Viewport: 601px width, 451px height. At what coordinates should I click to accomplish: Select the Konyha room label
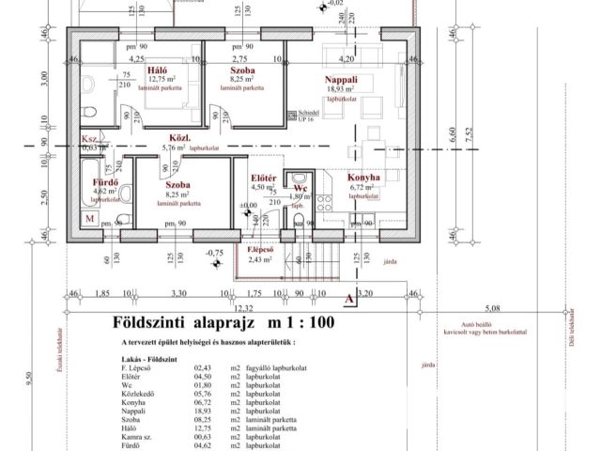click(363, 177)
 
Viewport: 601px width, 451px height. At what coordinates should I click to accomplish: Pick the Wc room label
click(300, 187)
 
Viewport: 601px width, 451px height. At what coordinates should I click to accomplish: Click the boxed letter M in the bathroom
click(89, 218)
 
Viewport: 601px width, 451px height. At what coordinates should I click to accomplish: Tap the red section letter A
click(348, 299)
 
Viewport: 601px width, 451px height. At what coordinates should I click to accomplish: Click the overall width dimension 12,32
click(244, 307)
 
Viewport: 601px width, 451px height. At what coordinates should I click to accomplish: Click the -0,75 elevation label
click(214, 253)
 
